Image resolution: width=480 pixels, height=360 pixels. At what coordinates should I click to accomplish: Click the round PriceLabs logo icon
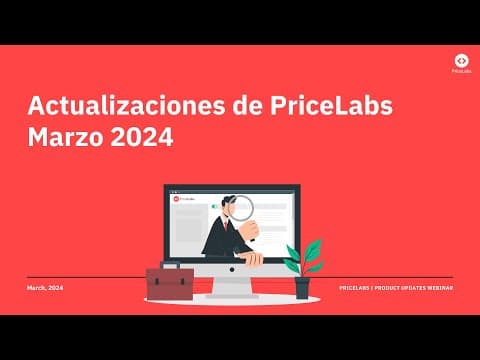(460, 61)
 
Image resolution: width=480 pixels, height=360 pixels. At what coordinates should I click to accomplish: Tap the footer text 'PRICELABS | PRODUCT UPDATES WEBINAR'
(395, 287)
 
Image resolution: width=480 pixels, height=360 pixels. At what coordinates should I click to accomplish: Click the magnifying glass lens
(242, 208)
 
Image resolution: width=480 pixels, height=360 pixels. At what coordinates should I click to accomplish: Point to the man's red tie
(227, 225)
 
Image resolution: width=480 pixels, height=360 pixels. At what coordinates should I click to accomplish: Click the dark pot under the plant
(302, 288)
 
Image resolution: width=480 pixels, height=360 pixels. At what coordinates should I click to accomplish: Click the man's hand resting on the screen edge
(253, 258)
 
